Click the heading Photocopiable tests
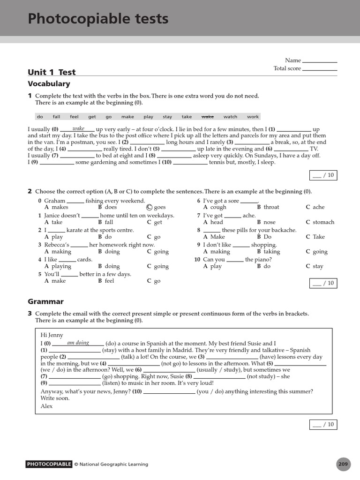click(98, 19)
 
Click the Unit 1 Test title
click(52, 72)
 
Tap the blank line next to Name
click(320, 60)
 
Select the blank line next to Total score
click(320, 69)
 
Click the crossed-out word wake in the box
click(207, 117)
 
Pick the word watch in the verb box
click(230, 117)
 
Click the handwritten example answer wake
click(78, 128)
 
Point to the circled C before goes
click(150, 207)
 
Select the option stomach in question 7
click(323, 222)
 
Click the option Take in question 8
click(319, 237)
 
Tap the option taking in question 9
click(271, 252)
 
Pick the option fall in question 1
click(109, 222)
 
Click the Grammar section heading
click(45, 302)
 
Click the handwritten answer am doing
click(78, 343)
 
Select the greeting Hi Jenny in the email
click(52, 335)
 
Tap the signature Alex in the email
click(47, 406)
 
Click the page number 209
click(343, 465)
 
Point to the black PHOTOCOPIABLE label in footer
click(49, 465)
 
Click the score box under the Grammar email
click(323, 425)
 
